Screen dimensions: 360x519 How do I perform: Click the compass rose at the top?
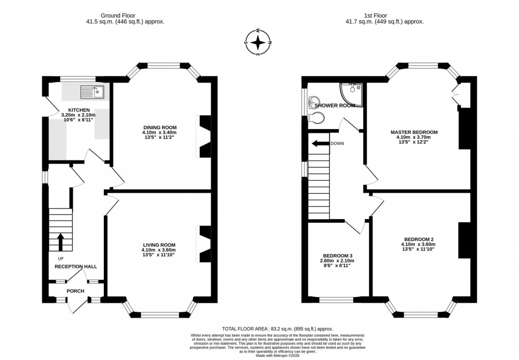(258, 42)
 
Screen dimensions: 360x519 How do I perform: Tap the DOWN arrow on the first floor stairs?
(319, 143)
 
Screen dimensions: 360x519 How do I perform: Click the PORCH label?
(75, 291)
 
